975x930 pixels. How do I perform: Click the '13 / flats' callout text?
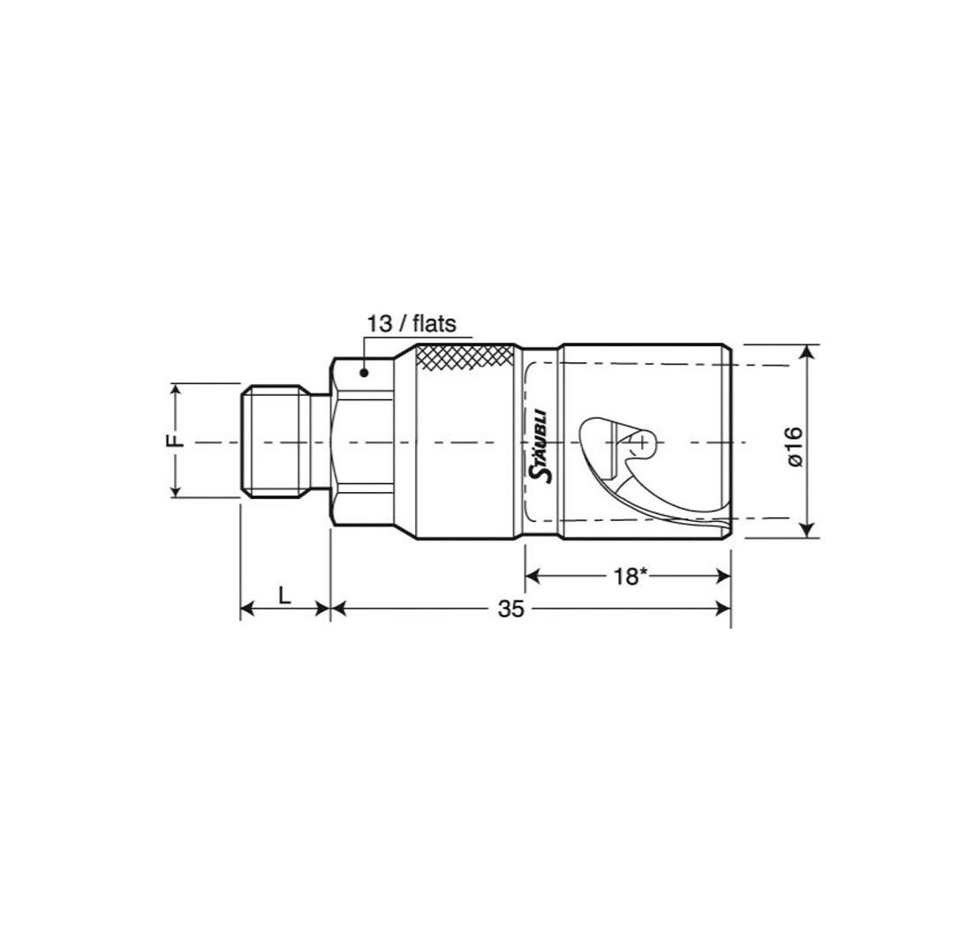[x=411, y=324]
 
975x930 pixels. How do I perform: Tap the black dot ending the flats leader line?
[x=365, y=373]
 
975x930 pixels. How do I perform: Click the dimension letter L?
[x=284, y=596]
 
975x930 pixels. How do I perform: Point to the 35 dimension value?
[x=511, y=609]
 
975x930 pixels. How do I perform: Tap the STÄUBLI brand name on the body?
[x=542, y=445]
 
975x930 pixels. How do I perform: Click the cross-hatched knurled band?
[x=466, y=358]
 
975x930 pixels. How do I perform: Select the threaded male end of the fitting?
[x=276, y=442]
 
